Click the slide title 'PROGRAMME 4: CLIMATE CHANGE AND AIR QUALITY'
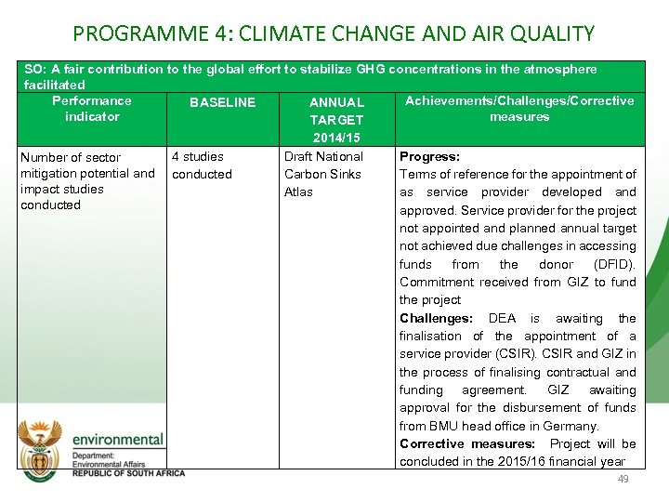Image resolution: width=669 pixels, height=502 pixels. (x=334, y=34)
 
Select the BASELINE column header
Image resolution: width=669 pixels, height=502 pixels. (x=222, y=102)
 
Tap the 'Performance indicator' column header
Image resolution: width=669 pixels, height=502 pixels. (x=92, y=109)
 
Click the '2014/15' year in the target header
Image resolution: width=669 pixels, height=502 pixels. (x=336, y=138)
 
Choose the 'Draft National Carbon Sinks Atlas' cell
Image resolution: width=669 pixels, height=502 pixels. (x=323, y=174)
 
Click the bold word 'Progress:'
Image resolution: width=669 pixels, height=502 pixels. (x=429, y=157)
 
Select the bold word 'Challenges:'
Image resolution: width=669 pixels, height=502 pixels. (x=437, y=319)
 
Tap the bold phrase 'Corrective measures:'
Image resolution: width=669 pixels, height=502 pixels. (x=467, y=444)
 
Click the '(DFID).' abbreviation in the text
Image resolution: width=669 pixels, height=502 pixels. (x=614, y=265)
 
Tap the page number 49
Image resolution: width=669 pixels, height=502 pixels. (x=623, y=479)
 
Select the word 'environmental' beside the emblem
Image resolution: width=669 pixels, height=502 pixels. (x=118, y=440)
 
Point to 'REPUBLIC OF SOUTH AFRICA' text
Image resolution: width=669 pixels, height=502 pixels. (x=128, y=473)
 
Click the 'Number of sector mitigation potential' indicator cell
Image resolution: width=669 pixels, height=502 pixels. (x=87, y=181)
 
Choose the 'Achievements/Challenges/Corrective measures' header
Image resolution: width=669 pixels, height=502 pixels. (x=519, y=109)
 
